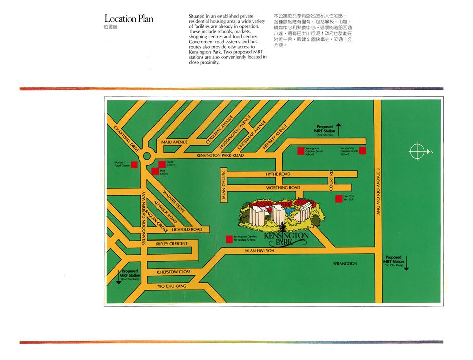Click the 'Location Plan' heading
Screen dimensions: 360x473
pos(129,19)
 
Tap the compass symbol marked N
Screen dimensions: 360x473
pos(417,151)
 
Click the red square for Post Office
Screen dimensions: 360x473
pos(154,172)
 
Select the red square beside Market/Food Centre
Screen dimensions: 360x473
pos(134,164)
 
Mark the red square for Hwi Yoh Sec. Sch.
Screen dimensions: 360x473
pos(338,199)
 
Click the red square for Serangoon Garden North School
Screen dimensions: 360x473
pos(362,151)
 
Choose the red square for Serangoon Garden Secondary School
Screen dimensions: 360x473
pos(229,239)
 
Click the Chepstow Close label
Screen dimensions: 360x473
pos(174,272)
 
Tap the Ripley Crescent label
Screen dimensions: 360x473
pos(172,244)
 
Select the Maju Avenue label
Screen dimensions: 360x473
pos(174,142)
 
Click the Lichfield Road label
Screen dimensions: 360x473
pos(187,229)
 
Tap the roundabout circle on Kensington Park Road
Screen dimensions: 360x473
pos(147,156)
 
